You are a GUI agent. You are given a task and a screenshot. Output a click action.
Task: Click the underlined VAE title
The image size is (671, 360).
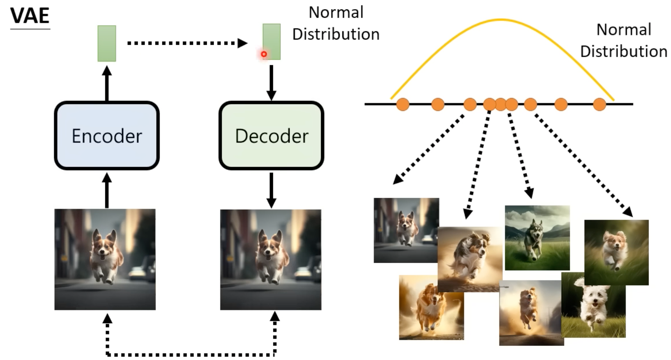click(x=30, y=16)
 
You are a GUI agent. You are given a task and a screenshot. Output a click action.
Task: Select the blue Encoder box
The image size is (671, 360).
click(x=107, y=136)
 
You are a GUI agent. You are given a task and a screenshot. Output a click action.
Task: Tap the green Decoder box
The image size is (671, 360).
click(x=271, y=136)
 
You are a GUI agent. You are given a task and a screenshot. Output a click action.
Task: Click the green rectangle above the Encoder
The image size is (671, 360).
click(x=107, y=43)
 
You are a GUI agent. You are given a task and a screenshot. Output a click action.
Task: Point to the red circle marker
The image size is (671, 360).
click(x=264, y=54)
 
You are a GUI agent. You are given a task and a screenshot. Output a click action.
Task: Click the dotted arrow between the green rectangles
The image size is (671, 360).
click(x=186, y=43)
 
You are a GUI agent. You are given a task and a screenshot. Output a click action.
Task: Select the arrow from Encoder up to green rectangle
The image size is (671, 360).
click(x=107, y=83)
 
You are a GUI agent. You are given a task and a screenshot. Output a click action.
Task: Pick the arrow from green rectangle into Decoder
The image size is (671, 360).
click(x=271, y=82)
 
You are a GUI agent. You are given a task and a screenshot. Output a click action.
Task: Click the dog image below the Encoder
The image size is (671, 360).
click(x=105, y=259)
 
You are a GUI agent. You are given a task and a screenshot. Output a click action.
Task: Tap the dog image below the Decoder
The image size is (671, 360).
click(x=270, y=259)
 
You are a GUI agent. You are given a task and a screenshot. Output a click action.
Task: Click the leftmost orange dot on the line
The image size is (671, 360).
click(x=403, y=104)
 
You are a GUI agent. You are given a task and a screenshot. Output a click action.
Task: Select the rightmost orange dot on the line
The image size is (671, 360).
click(x=599, y=104)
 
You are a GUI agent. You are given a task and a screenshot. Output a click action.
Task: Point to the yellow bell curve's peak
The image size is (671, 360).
click(x=501, y=20)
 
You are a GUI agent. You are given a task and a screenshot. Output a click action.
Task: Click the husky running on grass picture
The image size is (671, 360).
click(x=537, y=237)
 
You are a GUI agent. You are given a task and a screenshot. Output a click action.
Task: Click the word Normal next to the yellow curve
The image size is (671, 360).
click(x=624, y=30)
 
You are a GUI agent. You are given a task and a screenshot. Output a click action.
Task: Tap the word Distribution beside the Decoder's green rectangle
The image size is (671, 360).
click(x=336, y=34)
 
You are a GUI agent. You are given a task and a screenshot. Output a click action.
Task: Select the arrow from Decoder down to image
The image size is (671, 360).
click(x=271, y=190)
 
